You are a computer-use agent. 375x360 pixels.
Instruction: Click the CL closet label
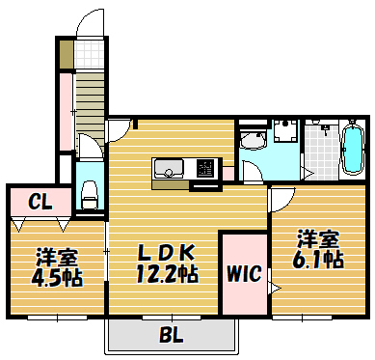[39, 202]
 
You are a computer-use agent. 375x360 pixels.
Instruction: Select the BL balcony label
[171, 336]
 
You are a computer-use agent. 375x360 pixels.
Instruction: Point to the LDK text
[168, 252]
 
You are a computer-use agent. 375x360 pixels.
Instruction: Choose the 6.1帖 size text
[318, 259]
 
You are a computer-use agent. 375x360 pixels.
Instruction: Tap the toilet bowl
[90, 193]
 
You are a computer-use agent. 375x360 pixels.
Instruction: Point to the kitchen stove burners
[206, 168]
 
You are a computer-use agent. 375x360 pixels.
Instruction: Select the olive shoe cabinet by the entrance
[66, 54]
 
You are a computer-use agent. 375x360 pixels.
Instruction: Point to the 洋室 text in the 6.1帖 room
[317, 237]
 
